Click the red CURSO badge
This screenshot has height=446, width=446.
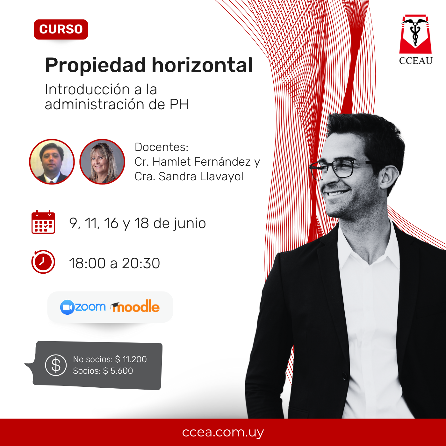pyautogui.click(x=61, y=29)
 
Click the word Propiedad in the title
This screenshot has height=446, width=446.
pyautogui.click(x=95, y=66)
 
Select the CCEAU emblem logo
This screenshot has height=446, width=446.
pyautogui.click(x=415, y=40)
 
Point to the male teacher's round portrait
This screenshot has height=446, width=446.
pyautogui.click(x=52, y=162)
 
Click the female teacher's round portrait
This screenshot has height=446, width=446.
pyautogui.click(x=102, y=162)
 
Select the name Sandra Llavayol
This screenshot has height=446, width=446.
pyautogui.click(x=201, y=176)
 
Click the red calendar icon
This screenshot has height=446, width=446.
pyautogui.click(x=43, y=222)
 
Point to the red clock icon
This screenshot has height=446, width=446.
pyautogui.click(x=43, y=262)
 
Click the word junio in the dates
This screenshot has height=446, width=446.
pyautogui.click(x=190, y=224)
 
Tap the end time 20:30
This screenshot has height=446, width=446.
pyautogui.click(x=141, y=263)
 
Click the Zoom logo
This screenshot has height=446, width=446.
pyautogui.click(x=83, y=307)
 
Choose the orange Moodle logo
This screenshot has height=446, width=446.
pyautogui.click(x=135, y=306)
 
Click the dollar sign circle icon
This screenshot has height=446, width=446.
pyautogui.click(x=56, y=365)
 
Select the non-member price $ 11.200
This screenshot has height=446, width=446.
pyautogui.click(x=131, y=359)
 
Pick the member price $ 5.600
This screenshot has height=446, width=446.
pyautogui.click(x=118, y=371)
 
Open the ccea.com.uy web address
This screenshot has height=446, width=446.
pyautogui.click(x=223, y=432)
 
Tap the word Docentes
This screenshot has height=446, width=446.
pyautogui.click(x=162, y=147)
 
